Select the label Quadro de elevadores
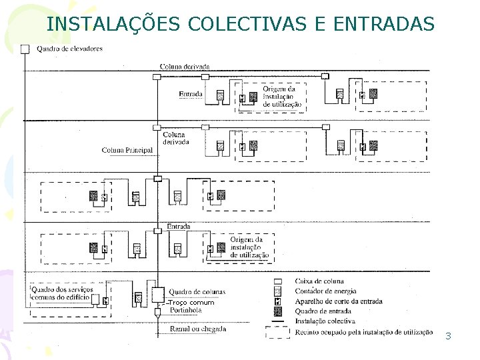point(69,49)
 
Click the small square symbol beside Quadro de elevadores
point(25,48)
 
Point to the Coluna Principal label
point(127,150)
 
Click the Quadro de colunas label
point(197,292)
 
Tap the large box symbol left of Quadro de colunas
point(158,293)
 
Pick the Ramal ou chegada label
point(198,329)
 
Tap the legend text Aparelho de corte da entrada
point(338,301)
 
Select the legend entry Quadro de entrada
point(323,311)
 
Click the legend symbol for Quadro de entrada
point(278,311)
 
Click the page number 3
point(448,336)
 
